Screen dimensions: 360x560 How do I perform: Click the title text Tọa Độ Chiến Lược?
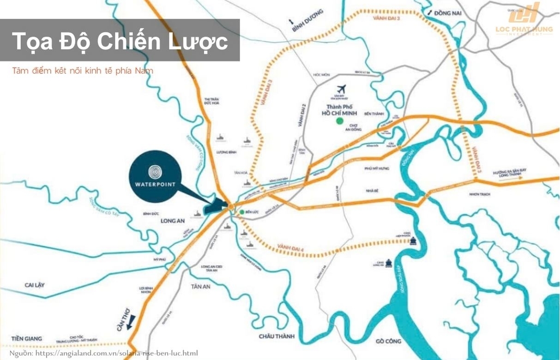[x=120, y=41]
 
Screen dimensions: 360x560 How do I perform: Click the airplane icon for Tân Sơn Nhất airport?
[x=342, y=88]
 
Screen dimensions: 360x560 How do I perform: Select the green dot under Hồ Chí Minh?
[x=339, y=121]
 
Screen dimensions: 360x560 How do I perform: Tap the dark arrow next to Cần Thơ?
[x=132, y=321]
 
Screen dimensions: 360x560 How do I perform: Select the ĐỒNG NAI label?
[x=447, y=13]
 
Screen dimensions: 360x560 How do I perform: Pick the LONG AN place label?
[x=172, y=221]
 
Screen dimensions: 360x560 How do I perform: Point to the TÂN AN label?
[x=200, y=286]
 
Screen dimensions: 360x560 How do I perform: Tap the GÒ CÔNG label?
[x=388, y=341]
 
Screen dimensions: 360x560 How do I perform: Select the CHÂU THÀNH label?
[x=277, y=336]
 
